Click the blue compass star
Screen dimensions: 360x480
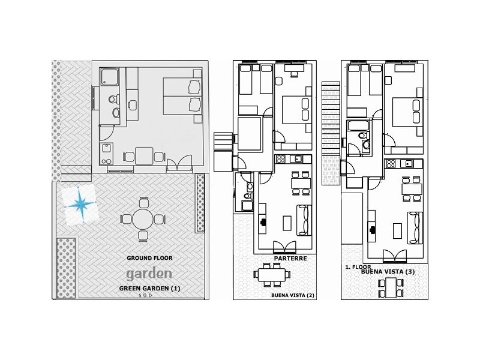[80, 205]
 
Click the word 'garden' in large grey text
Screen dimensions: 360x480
[149, 274]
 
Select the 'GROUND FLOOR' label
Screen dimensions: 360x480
[149, 258]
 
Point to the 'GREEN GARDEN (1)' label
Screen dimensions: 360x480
[149, 289]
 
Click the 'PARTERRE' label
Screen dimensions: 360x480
[290, 259]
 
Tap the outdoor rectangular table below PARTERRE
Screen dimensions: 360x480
[273, 275]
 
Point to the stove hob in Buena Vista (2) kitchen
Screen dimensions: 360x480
[280, 159]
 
